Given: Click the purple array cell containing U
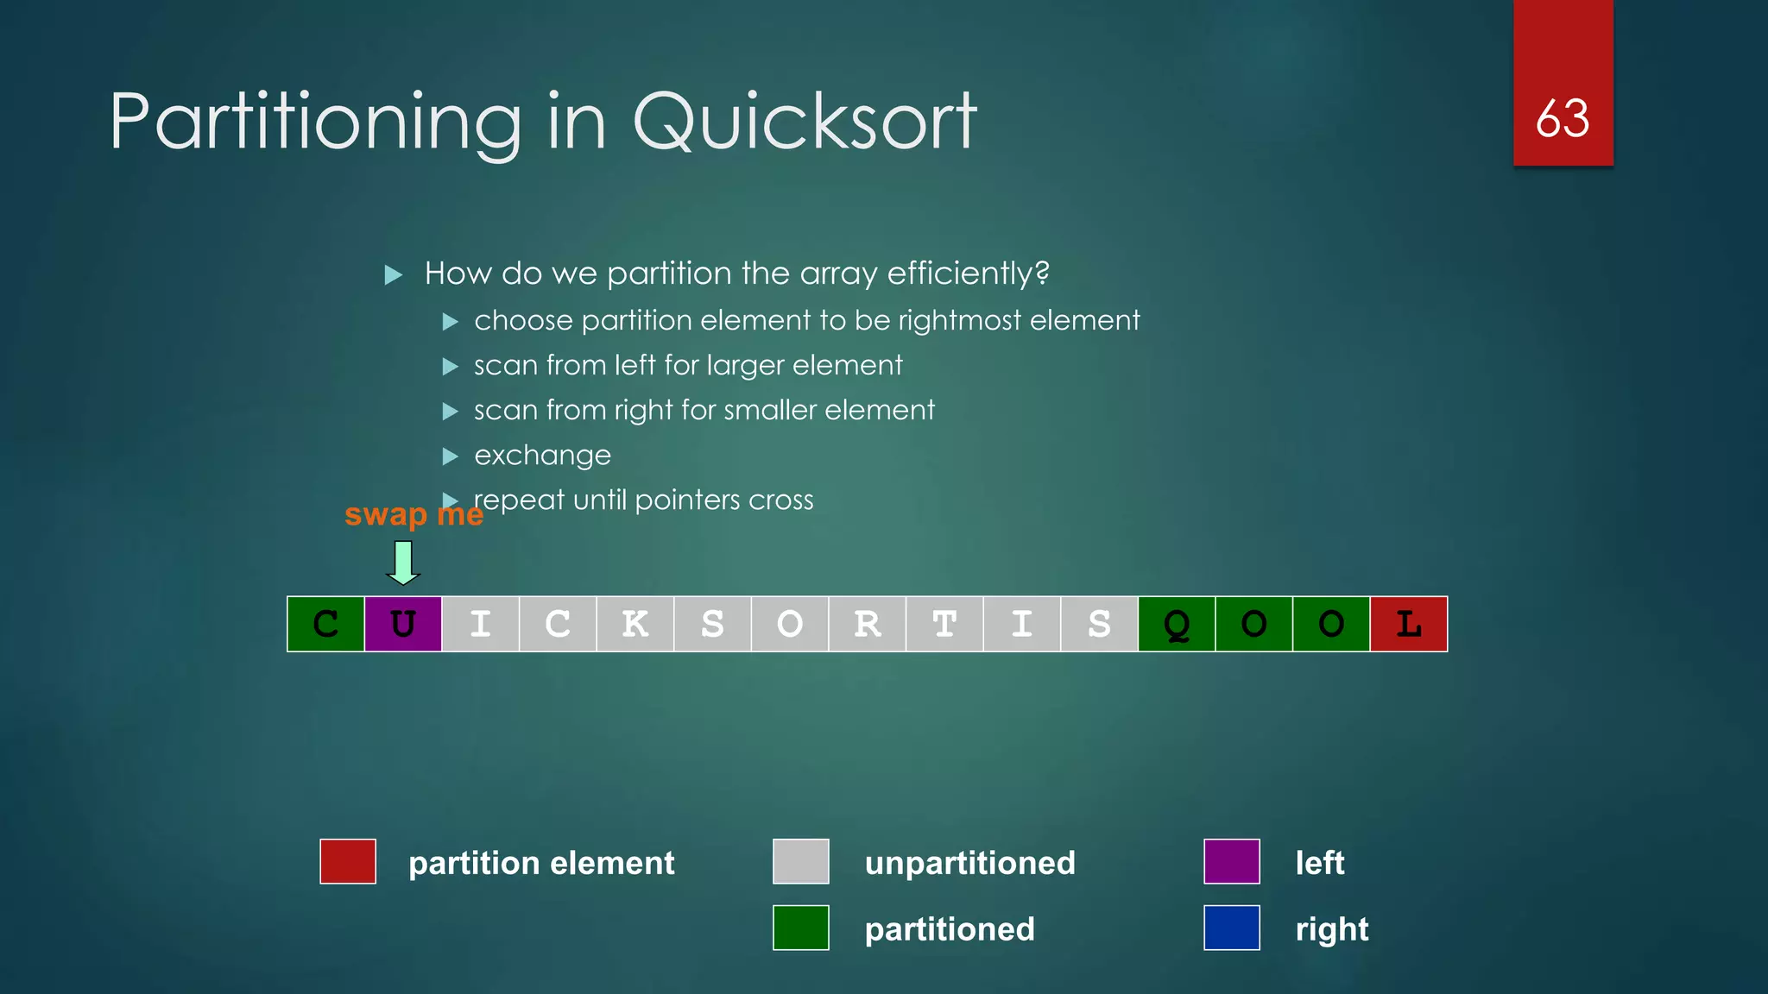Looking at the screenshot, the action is (403, 624).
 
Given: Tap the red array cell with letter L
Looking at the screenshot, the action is (1408, 624).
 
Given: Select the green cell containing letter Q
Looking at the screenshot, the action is (1176, 624).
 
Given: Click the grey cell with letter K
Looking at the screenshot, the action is (635, 624).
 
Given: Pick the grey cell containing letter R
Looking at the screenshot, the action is (867, 624).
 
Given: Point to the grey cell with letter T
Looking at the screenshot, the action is (944, 624).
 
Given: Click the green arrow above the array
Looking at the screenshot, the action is (402, 563).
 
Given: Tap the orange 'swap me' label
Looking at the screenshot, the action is (414, 514).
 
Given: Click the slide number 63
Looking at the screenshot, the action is (1563, 118).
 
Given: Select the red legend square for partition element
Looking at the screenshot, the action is (348, 861).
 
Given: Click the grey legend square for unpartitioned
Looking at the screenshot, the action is (800, 861).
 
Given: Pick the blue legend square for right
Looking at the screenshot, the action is (1231, 928).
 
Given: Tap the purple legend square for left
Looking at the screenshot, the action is (1231, 861).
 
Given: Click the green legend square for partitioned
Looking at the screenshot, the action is (800, 928).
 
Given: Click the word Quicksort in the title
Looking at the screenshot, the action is (805, 122).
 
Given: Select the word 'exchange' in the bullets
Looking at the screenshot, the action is (542, 456).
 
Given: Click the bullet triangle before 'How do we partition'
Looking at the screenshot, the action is (394, 275).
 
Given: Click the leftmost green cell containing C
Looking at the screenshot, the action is (325, 624).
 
